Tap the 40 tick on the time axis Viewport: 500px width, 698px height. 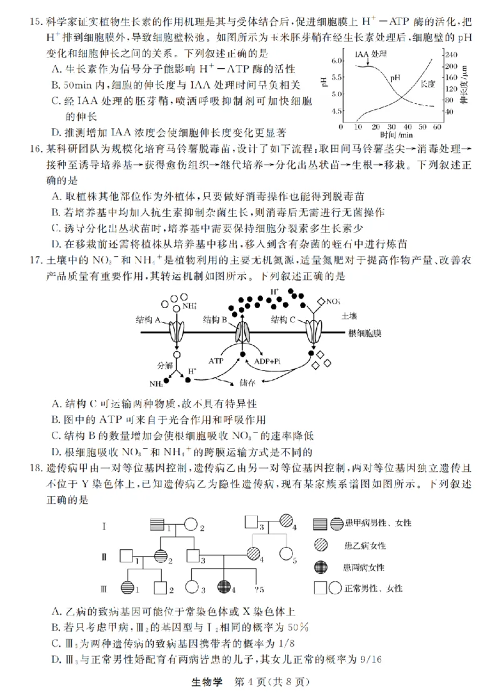pos(406,126)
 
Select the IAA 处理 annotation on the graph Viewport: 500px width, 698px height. pos(370,54)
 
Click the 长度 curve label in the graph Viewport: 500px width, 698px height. pos(427,82)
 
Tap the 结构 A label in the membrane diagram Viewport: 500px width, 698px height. pos(149,319)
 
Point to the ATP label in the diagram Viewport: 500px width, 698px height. pos(216,361)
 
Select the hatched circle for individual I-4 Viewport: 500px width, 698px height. pos(287,521)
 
